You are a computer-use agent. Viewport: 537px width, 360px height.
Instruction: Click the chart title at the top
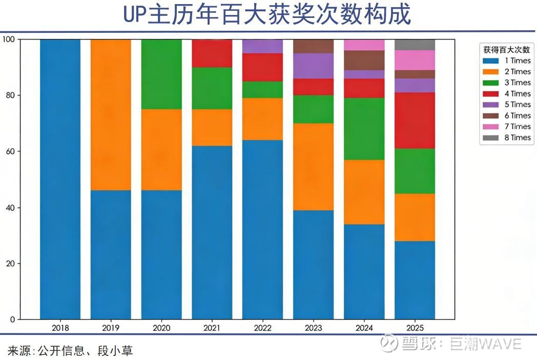(267, 15)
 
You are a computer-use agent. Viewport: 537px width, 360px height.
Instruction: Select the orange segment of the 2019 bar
(111, 114)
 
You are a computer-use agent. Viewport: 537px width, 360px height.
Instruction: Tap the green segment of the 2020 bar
(161, 74)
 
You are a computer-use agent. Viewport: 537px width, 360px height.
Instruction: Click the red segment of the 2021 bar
(212, 53)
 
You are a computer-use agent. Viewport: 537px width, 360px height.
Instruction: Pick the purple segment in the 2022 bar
(262, 46)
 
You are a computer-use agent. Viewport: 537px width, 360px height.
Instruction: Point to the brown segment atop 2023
(313, 46)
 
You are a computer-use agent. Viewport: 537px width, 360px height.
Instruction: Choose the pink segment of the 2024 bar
(364, 45)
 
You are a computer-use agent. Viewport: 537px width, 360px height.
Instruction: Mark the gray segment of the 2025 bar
(415, 45)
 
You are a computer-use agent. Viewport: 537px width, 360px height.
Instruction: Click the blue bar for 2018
(60, 179)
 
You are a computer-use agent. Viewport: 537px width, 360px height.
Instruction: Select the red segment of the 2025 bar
(415, 121)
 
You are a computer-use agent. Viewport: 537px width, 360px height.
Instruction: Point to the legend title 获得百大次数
(506, 50)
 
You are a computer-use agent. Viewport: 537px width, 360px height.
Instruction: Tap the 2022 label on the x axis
(262, 327)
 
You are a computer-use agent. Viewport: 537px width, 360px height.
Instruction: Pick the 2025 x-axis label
(415, 327)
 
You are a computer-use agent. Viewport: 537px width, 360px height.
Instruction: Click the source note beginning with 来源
(70, 351)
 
